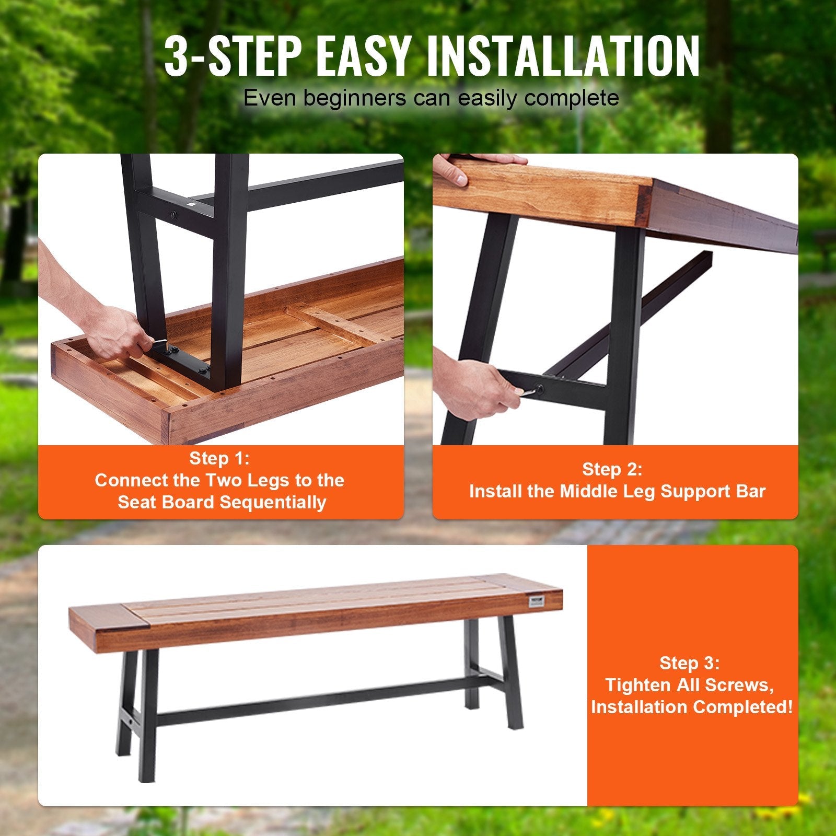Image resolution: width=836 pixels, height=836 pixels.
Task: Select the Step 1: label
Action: [x=220, y=458]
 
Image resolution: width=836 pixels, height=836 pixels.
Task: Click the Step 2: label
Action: [x=612, y=469]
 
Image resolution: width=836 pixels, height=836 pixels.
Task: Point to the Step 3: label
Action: [x=690, y=663]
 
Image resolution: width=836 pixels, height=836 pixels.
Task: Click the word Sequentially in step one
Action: [x=273, y=502]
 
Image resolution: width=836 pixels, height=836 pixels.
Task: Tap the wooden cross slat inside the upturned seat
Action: [x=334, y=324]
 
